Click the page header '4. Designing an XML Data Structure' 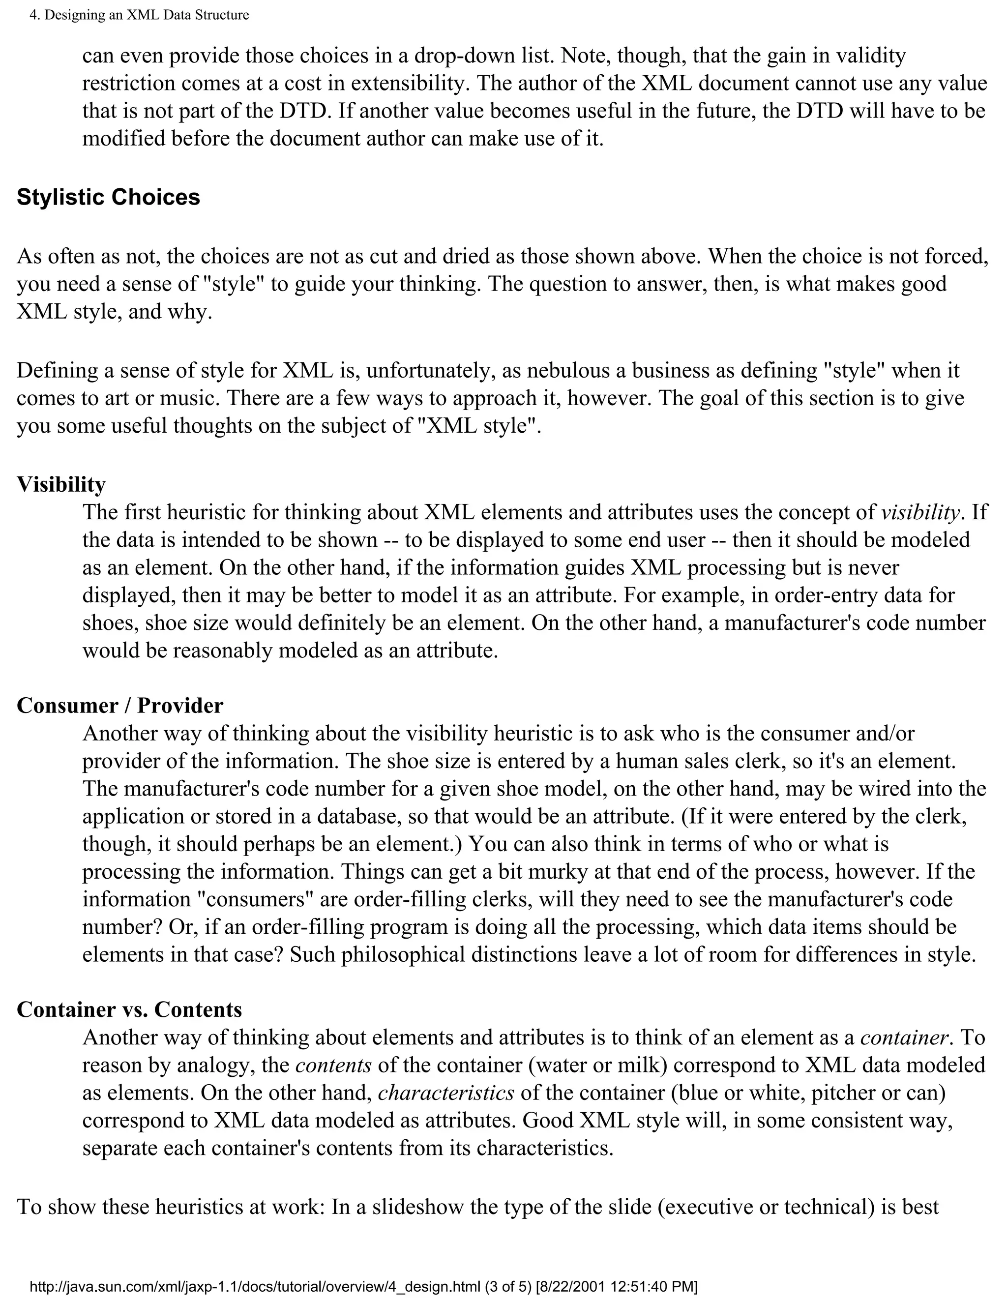[139, 15]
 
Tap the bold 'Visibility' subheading [61, 484]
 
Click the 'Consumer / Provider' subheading [119, 705]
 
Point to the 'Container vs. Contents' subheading [129, 1009]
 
